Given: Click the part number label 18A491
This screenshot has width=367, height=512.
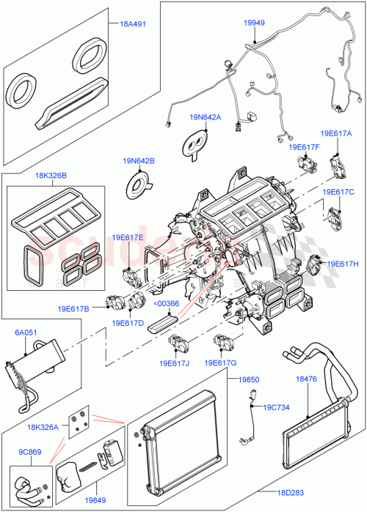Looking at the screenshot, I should coord(133,23).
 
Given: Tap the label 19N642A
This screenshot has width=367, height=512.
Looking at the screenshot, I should coord(206,116).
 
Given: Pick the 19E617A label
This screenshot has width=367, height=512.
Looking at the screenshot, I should coord(336,134).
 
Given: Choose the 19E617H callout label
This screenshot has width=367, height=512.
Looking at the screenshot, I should coord(342,264).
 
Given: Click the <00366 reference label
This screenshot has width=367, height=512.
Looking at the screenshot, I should coord(167,303).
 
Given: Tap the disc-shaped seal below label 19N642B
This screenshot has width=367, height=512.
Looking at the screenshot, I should coord(141,183).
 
